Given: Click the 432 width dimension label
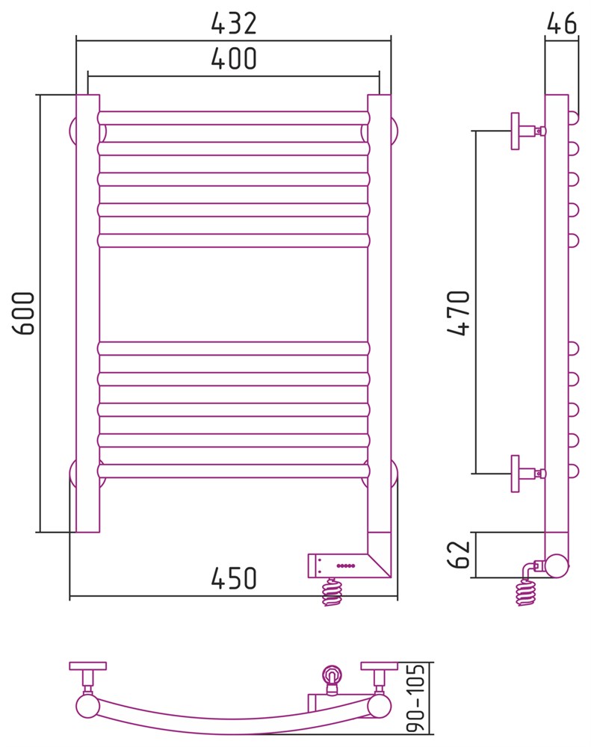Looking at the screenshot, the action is pos(234,23).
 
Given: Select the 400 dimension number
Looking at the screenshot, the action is pos(234,58).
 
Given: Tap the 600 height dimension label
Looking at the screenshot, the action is pos(24,314).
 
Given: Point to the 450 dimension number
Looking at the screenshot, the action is pos(234,578).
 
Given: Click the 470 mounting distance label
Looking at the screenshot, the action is pos(459,313).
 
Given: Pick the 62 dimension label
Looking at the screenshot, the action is pos(459,554).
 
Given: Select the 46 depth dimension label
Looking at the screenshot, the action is pos(561,23).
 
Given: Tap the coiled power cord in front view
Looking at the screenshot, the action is pos(332,592).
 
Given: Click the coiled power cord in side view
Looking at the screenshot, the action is pos(526,592).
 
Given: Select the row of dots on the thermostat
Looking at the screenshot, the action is pos(345,565).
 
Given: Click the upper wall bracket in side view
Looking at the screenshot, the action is pos(527,131).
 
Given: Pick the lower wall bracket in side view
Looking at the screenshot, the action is pos(527,474).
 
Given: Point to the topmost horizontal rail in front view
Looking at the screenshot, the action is pos(234,118).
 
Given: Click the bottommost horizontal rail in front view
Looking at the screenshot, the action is pos(234,471).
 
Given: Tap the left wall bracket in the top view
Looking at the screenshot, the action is pos(87,678).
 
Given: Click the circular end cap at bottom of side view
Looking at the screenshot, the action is pos(557,566).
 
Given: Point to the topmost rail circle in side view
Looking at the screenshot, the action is pos(573,118).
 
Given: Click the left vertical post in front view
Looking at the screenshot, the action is pos(87,313).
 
